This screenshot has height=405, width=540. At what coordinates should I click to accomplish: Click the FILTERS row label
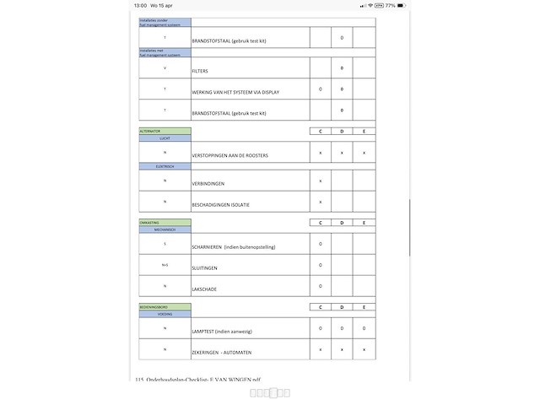[200, 71]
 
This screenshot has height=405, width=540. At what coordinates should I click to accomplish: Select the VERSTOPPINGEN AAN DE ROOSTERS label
[229, 156]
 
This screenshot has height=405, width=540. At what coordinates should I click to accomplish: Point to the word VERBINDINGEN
[208, 183]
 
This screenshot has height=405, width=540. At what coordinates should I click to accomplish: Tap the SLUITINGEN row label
[205, 267]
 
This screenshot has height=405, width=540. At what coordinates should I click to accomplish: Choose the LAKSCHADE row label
[204, 289]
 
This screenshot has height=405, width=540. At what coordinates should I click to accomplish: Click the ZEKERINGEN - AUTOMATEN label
[221, 352]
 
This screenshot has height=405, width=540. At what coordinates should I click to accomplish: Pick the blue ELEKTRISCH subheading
[165, 166]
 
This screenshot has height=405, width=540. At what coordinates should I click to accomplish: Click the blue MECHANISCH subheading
[165, 229]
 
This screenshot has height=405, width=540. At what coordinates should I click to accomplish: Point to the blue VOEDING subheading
[165, 314]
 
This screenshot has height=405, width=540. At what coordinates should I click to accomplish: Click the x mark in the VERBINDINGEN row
[321, 181]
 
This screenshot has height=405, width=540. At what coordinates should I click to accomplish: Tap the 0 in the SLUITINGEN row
[321, 265]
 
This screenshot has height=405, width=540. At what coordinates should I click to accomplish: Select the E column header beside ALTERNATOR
[364, 131]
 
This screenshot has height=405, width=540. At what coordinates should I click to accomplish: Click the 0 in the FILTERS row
[342, 67]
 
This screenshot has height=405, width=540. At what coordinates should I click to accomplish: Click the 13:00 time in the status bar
[140, 5]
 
